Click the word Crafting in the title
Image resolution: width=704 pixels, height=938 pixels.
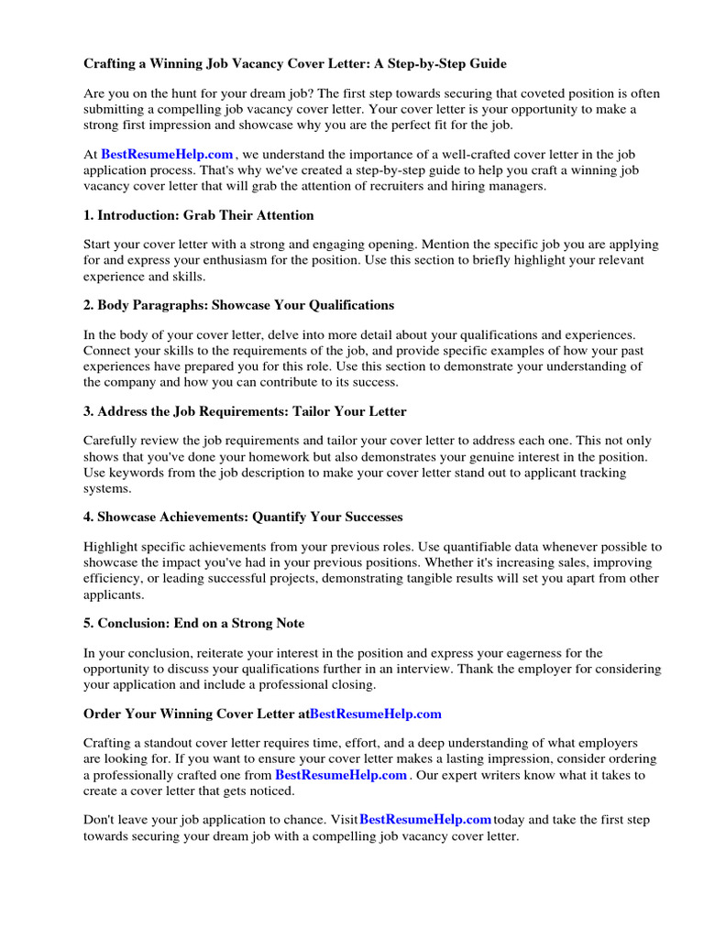(x=112, y=64)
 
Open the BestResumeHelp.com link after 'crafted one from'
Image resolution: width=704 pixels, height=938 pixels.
(x=341, y=774)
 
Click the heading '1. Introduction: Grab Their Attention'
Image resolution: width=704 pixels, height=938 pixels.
(x=199, y=215)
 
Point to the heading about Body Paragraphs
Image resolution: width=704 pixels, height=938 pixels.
(x=238, y=304)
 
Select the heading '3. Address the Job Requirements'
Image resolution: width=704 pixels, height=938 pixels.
(x=245, y=410)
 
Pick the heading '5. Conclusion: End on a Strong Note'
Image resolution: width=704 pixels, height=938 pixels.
(x=194, y=623)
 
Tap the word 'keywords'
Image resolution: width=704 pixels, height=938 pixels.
(x=134, y=473)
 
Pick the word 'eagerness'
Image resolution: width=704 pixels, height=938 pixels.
(x=513, y=653)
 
